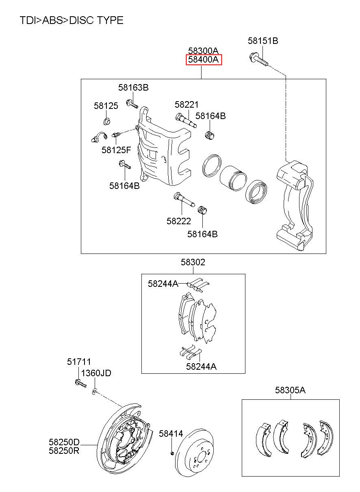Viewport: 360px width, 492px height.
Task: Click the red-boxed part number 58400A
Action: (203, 60)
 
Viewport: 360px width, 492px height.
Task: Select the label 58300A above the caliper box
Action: (203, 51)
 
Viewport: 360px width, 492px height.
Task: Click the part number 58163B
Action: (133, 88)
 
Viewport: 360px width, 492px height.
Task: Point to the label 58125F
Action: (116, 150)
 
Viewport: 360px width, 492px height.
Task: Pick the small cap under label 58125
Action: (107, 121)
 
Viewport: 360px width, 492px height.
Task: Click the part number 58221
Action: (187, 104)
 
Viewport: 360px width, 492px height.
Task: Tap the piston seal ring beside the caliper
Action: (212, 166)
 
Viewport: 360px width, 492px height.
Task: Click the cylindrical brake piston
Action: (233, 178)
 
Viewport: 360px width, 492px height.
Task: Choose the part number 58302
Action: (193, 262)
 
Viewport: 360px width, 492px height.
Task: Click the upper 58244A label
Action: (163, 284)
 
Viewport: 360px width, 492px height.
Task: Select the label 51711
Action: (79, 362)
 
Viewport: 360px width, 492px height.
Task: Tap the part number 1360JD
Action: (96, 373)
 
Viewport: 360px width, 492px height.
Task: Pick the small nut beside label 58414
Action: (172, 453)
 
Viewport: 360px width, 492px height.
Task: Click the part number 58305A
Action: (290, 390)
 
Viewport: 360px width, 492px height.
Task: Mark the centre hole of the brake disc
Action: (202, 457)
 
